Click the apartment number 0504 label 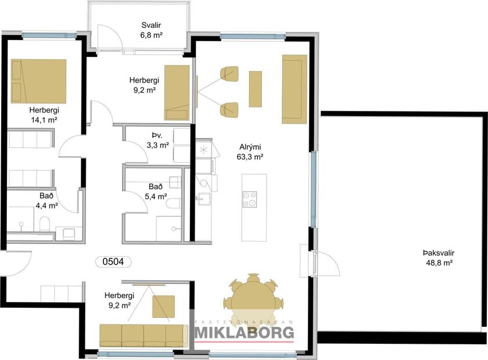(x=113, y=262)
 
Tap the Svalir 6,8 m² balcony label (x=152, y=30)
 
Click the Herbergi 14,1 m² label (x=44, y=114)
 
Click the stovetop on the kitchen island (x=250, y=199)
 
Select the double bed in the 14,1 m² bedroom (x=38, y=80)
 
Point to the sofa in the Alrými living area (x=294, y=89)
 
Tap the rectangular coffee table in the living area (x=255, y=89)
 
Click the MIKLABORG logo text (x=244, y=333)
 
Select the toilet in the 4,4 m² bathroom (x=44, y=224)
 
